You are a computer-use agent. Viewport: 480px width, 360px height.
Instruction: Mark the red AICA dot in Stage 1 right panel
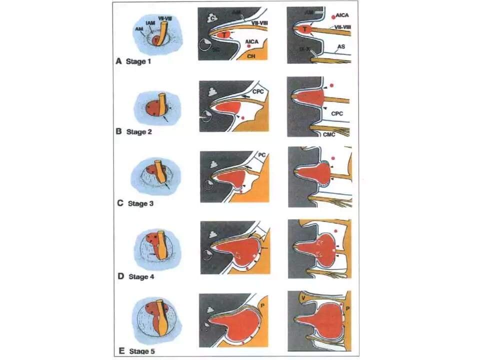326,17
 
